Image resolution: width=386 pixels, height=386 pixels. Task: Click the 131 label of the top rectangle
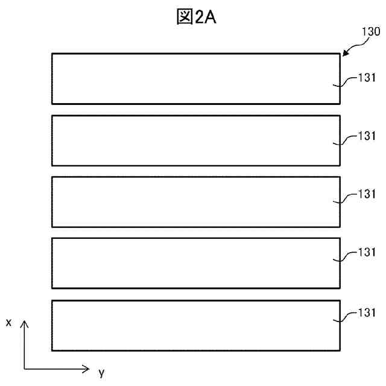[367, 78]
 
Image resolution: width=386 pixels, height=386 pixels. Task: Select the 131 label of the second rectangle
[367, 136]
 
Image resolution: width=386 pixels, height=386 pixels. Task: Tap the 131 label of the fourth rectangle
[367, 252]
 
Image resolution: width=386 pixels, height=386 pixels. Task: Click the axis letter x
[8, 323]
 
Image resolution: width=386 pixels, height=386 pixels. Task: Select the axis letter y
[101, 372]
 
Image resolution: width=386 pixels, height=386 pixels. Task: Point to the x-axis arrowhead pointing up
[25, 324]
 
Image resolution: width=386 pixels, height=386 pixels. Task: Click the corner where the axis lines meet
[25, 368]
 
